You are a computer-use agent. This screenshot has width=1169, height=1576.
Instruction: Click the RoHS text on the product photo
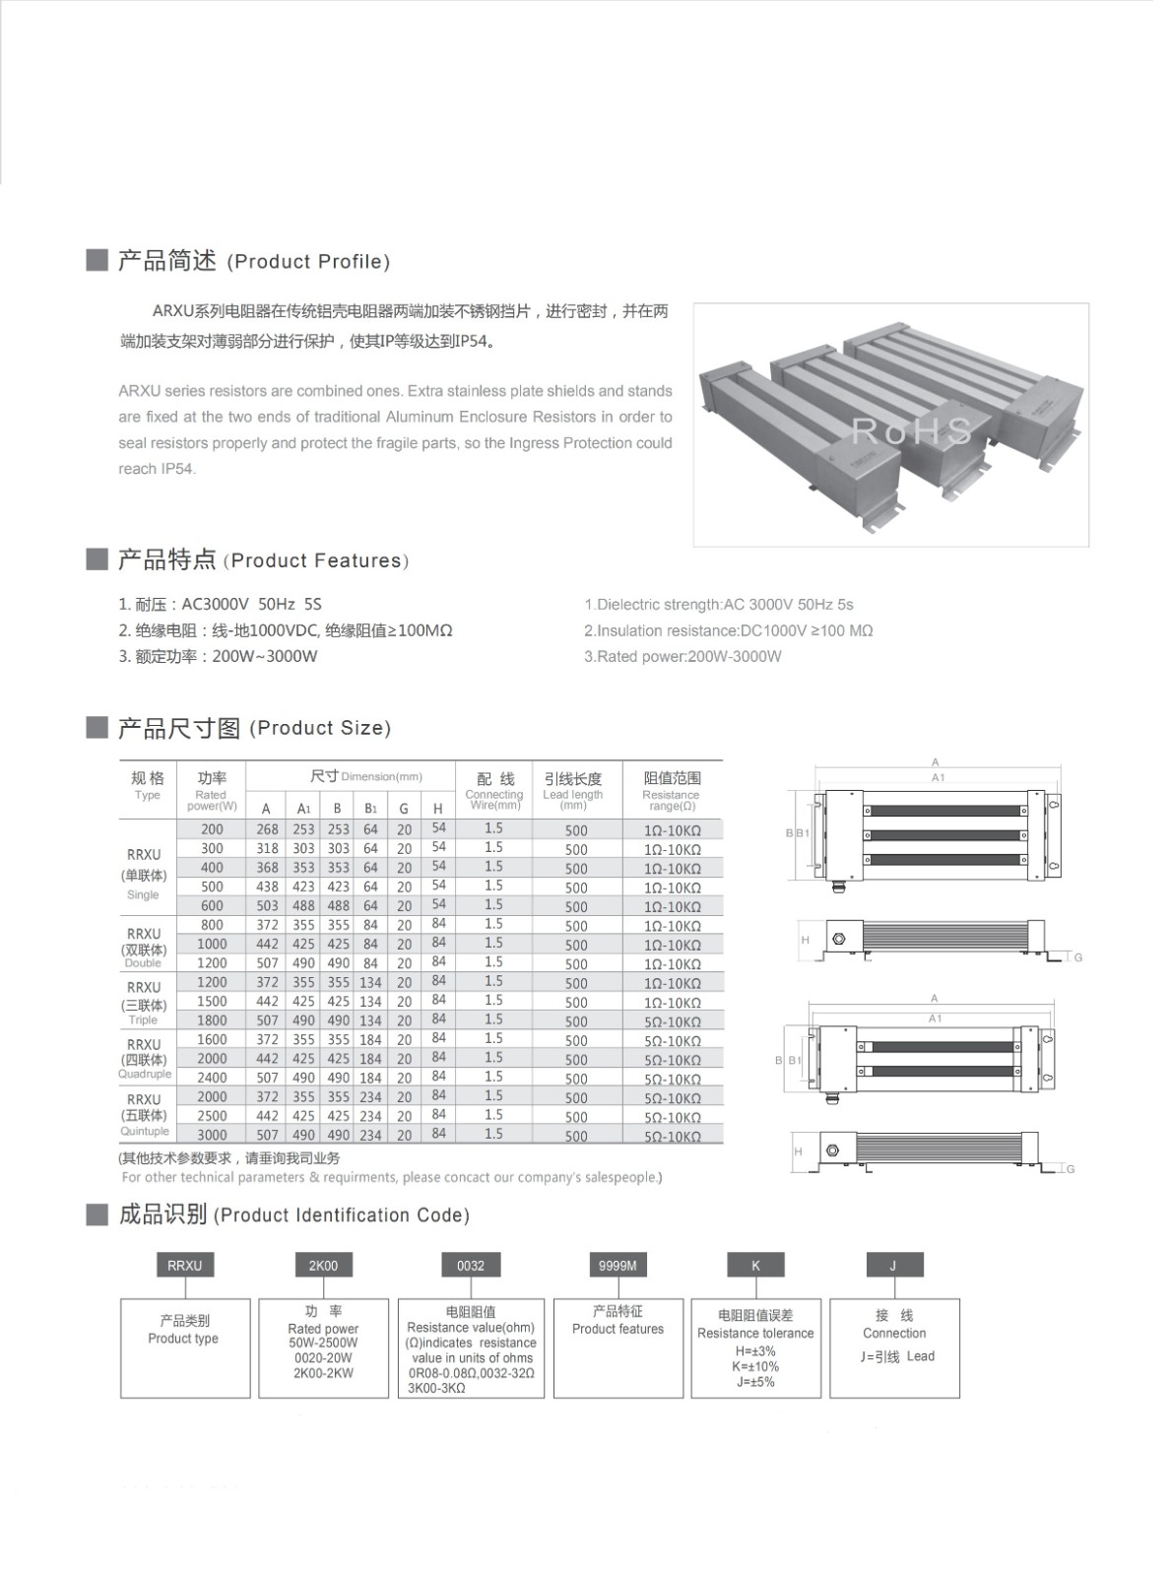pos(912,430)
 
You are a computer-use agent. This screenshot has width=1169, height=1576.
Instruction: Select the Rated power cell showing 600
pos(212,906)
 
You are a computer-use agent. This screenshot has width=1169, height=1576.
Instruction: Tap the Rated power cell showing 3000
pos(212,1135)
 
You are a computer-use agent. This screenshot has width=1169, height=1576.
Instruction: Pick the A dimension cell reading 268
pos(267,829)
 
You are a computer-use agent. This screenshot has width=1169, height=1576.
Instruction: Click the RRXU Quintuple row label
pos(144,1115)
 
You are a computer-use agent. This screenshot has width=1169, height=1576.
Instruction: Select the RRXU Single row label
pos(144,874)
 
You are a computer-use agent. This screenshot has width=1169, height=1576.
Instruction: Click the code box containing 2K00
pos(323,1266)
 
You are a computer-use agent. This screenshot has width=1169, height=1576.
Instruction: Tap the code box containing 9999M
pos(617,1266)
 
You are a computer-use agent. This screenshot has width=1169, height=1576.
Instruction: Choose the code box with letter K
pos(755,1266)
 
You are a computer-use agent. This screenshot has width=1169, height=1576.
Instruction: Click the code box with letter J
pos(893,1266)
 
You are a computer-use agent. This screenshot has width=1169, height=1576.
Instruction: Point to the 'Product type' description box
pos(184,1347)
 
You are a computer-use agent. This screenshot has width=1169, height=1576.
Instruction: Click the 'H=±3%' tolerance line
pos(755,1351)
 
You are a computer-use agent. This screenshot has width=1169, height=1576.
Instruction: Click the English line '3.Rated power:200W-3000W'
pos(682,657)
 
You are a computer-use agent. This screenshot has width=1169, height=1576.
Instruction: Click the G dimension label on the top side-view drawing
pos(1078,957)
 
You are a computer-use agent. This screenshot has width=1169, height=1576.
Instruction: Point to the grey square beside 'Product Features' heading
pos(97,559)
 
